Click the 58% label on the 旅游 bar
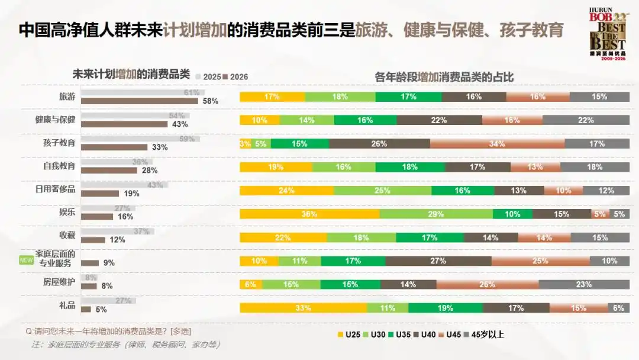[x=211, y=101]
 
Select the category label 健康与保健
[x=55, y=120]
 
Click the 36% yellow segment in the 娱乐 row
[x=309, y=214]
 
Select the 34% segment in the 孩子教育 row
[x=497, y=143]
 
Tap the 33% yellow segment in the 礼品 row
[x=303, y=308]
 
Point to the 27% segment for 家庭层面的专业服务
[x=438, y=261]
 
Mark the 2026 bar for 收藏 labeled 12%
[x=93, y=240]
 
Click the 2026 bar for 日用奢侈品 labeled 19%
[x=100, y=193]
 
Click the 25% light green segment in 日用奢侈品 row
[x=382, y=191]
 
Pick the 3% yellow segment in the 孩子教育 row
[x=245, y=143]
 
